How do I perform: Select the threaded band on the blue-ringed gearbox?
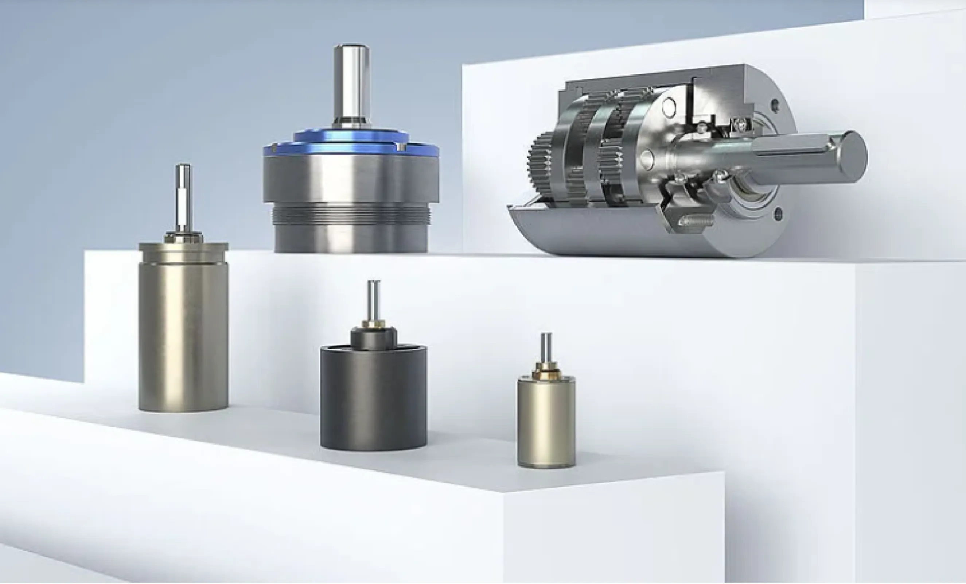(x=351, y=218)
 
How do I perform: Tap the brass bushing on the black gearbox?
(x=373, y=324)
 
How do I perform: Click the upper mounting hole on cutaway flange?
(x=774, y=105)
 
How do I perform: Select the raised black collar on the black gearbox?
(x=373, y=338)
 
